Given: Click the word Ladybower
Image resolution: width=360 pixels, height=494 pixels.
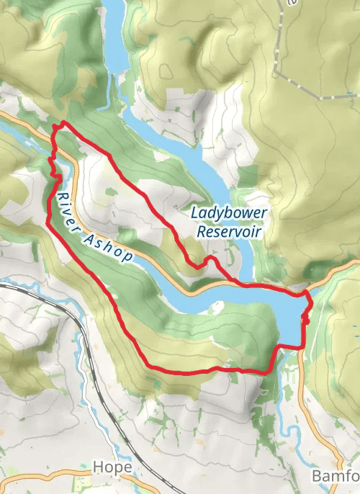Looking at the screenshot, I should (x=229, y=213).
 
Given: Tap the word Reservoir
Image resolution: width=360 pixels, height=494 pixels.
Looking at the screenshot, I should (x=228, y=232).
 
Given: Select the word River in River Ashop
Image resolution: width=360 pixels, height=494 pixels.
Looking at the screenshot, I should (x=67, y=205).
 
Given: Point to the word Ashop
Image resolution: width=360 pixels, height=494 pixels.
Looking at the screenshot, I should (x=107, y=246).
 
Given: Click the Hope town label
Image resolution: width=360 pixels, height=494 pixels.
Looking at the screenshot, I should (x=112, y=467).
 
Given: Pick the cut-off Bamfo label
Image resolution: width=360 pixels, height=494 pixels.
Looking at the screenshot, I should (x=335, y=477).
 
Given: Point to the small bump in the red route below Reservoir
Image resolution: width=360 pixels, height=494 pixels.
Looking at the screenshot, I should (x=210, y=259).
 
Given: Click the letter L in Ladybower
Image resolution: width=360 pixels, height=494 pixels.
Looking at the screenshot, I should (x=195, y=213).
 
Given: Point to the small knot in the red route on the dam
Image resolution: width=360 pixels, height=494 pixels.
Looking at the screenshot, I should (x=305, y=318).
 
